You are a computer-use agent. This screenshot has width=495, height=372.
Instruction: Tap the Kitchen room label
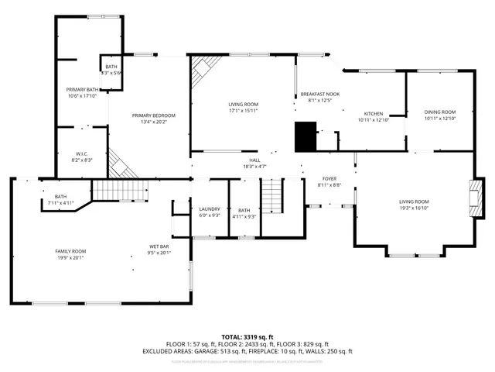pos(374,114)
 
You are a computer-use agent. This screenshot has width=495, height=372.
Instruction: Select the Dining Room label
pos(440,112)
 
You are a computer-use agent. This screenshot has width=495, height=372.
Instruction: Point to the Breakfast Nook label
pos(319,94)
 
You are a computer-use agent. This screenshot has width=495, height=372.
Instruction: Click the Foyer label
pos(329,178)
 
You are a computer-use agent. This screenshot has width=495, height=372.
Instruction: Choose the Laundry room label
pos(210,209)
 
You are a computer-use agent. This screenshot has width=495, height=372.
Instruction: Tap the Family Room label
pos(70,251)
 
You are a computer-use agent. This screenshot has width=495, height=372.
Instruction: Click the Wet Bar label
pos(159,247)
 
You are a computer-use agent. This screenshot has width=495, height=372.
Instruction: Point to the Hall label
pos(254,160)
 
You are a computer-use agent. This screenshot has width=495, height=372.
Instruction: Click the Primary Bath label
pos(81,90)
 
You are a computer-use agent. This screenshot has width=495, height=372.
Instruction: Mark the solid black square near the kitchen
pos(306,136)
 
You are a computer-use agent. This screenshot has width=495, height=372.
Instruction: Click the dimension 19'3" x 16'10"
pos(413,208)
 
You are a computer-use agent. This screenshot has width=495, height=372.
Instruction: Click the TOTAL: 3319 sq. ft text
pos(247,337)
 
